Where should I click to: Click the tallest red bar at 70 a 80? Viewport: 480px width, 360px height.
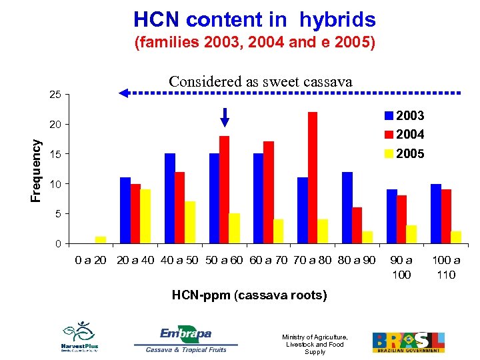point(313,177)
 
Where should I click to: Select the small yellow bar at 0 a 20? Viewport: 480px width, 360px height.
point(101,239)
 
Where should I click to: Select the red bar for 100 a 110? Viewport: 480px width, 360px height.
point(445,216)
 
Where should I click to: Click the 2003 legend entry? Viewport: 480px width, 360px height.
point(403,115)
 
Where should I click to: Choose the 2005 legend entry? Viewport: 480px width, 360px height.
point(403,154)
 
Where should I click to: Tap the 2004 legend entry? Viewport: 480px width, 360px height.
point(403,135)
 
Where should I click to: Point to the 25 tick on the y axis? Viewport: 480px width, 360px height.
point(55,95)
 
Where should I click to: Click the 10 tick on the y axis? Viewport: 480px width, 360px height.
point(55,184)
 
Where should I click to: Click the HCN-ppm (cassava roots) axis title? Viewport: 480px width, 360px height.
point(249,295)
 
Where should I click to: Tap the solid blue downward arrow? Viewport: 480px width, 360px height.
point(225,117)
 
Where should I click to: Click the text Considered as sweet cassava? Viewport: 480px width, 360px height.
point(260,81)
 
